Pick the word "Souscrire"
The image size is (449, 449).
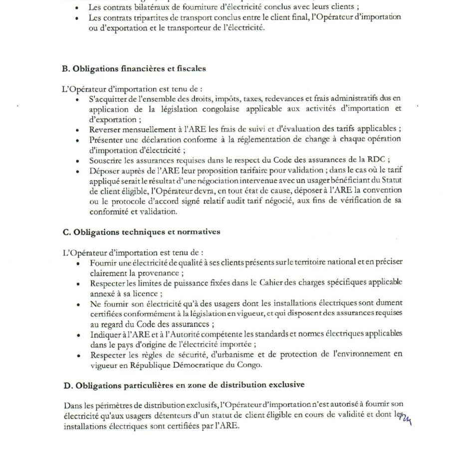click(x=107, y=161)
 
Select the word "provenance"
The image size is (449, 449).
click(x=160, y=273)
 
